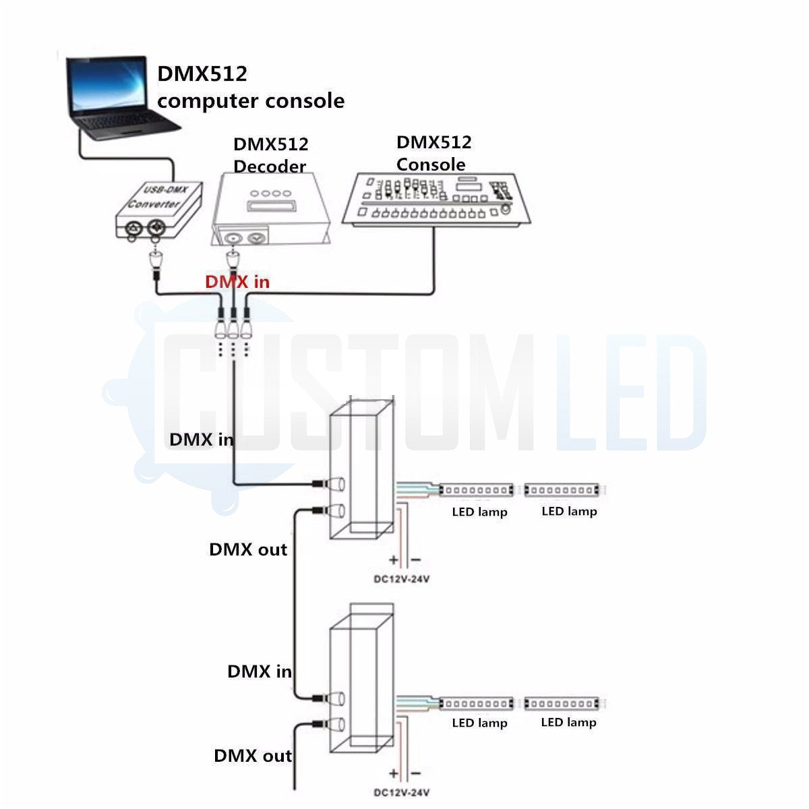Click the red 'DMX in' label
(237, 282)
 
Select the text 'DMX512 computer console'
(250, 88)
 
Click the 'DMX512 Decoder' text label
(270, 155)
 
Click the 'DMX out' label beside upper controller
(248, 549)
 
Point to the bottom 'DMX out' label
(253, 756)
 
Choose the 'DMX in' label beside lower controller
(260, 671)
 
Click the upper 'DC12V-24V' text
(402, 579)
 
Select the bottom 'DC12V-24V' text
(402, 793)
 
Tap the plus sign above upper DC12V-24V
(393, 560)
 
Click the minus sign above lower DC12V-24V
(415, 773)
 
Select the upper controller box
(361, 472)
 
